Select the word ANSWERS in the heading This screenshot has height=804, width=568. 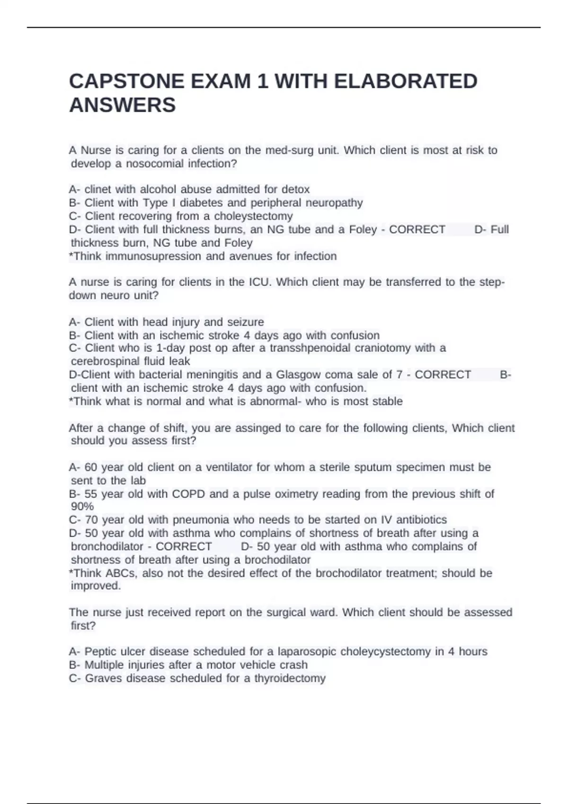coord(122,105)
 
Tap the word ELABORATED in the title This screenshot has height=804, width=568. coord(406,81)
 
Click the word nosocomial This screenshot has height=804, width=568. coord(155,164)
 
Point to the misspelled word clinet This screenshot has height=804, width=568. coord(98,189)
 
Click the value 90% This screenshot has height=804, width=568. coord(82,507)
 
